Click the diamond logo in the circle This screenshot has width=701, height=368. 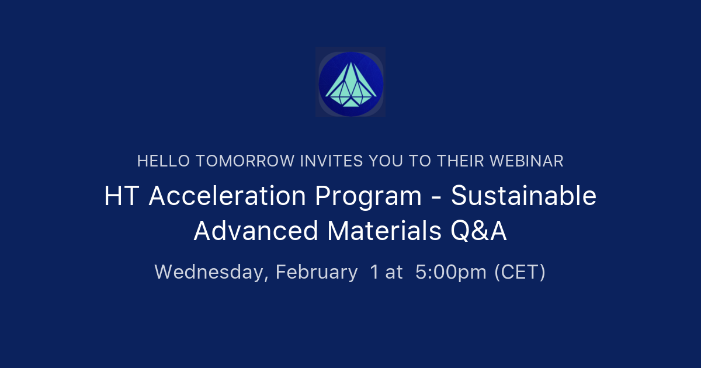(x=350, y=82)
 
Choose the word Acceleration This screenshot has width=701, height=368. (x=227, y=196)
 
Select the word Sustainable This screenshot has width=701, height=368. (x=523, y=196)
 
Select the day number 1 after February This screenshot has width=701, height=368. (x=374, y=272)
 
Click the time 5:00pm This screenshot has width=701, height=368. (x=451, y=272)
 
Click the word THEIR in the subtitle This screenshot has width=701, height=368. (x=461, y=161)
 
